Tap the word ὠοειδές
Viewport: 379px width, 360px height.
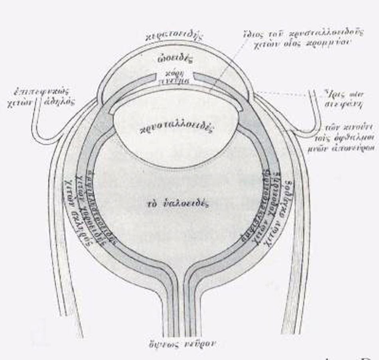(174, 60)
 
